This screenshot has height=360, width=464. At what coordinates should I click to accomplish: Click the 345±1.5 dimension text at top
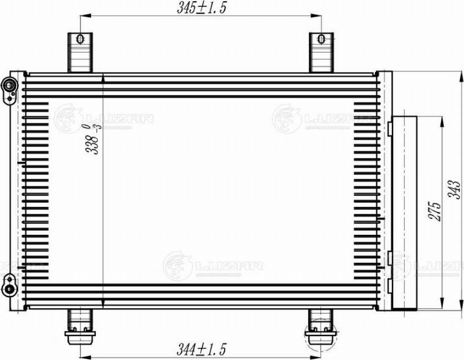(195, 7)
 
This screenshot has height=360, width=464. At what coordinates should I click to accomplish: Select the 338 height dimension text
(93, 140)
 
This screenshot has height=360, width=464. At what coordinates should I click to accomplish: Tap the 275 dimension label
(433, 211)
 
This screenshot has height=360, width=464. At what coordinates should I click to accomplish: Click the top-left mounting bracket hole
(79, 39)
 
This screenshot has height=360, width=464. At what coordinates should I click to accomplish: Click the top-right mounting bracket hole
(320, 39)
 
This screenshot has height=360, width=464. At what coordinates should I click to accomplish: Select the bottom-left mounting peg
(79, 329)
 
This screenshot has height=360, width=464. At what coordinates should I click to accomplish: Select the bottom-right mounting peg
(319, 329)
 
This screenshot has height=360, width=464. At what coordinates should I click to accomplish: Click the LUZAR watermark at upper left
(104, 117)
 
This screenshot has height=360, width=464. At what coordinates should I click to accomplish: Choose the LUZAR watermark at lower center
(214, 265)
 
